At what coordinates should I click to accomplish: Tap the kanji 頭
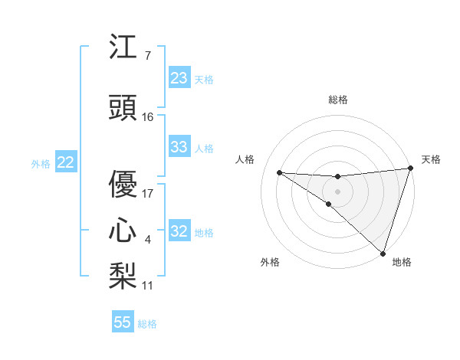coord(123,109)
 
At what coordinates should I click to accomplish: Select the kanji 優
coord(123,185)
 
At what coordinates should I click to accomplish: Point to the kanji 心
coord(123,230)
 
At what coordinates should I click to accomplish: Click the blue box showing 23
coord(179,78)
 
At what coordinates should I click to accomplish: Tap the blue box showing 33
coord(179,148)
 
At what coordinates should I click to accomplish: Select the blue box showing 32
coord(179,232)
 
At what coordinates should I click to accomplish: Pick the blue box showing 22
coord(65,162)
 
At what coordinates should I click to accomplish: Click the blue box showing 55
coord(123,322)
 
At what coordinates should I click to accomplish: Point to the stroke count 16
coord(148,117)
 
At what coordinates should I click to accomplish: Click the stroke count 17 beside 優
coord(148,193)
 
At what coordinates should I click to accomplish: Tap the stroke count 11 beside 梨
coord(148,285)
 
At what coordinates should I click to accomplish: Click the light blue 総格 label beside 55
coord(148,324)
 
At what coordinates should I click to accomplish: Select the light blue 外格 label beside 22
coord(41,163)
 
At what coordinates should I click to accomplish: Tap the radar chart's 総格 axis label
coord(337,100)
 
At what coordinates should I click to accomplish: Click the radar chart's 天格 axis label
coord(432,159)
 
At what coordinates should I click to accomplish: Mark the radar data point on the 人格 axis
coord(279,172)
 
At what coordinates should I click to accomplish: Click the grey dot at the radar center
coord(337,191)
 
